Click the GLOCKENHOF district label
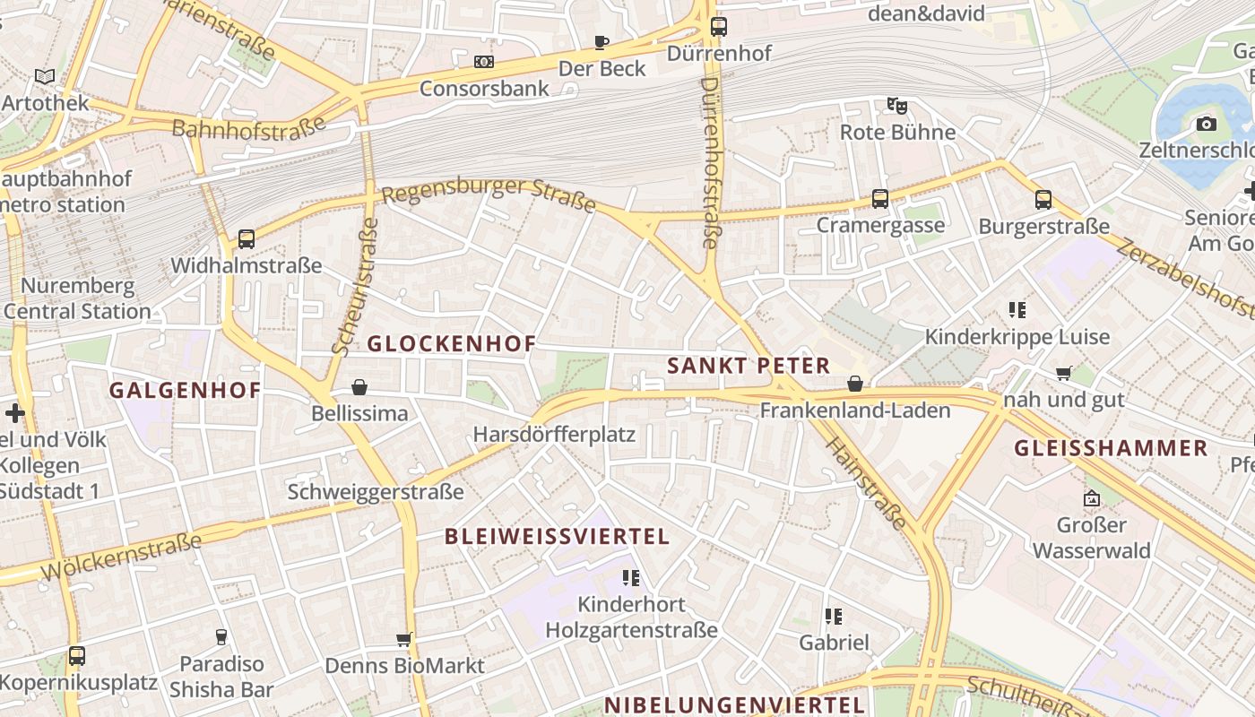click(x=452, y=343)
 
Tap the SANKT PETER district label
click(x=749, y=366)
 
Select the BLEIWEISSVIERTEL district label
click(x=557, y=537)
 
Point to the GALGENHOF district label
click(x=185, y=390)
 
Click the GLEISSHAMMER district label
click(x=1111, y=448)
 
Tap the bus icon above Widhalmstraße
click(x=247, y=239)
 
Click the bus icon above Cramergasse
click(x=880, y=199)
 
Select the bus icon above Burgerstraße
click(x=1043, y=200)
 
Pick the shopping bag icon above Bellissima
click(x=359, y=387)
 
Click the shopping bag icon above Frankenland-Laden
click(x=855, y=384)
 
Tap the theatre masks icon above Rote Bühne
click(x=896, y=105)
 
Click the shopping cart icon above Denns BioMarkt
click(x=403, y=639)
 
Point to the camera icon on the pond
click(x=1207, y=124)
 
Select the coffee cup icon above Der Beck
click(x=602, y=42)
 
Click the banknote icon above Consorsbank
click(x=484, y=62)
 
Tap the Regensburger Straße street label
click(x=489, y=194)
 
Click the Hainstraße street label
click(x=865, y=483)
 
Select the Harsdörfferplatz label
click(x=554, y=435)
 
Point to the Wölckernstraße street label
click(x=121, y=557)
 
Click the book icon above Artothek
click(x=45, y=77)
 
